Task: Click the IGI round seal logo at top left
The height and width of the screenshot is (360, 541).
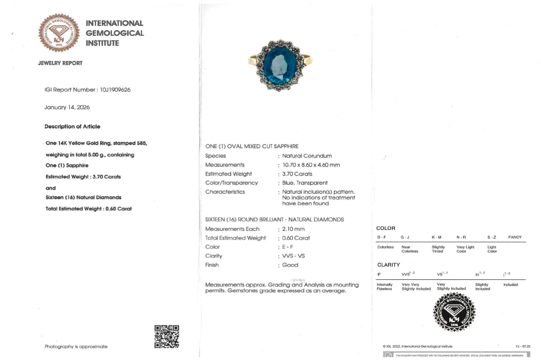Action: tap(59, 33)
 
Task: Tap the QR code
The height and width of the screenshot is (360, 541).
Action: tap(166, 337)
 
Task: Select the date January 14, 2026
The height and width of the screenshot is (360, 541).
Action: tap(67, 107)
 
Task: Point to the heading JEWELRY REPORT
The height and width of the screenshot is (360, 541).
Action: tap(60, 63)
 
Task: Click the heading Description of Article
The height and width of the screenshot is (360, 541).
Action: tap(72, 127)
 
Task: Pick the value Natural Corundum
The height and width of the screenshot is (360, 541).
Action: tap(307, 156)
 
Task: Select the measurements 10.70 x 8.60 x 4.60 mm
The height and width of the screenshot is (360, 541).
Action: tap(311, 165)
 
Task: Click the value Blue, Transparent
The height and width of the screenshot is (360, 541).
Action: tap(305, 183)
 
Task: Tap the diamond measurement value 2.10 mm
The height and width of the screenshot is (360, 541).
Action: tap(293, 229)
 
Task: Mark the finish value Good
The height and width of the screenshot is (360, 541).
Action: tap(290, 265)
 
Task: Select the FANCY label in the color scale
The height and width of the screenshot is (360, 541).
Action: tap(515, 237)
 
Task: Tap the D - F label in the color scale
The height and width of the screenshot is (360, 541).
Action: tap(382, 237)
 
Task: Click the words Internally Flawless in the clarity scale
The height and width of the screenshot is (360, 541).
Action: tap(384, 287)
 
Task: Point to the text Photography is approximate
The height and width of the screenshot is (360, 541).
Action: tap(76, 347)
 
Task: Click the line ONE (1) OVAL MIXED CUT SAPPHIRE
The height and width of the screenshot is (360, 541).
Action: tap(252, 147)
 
